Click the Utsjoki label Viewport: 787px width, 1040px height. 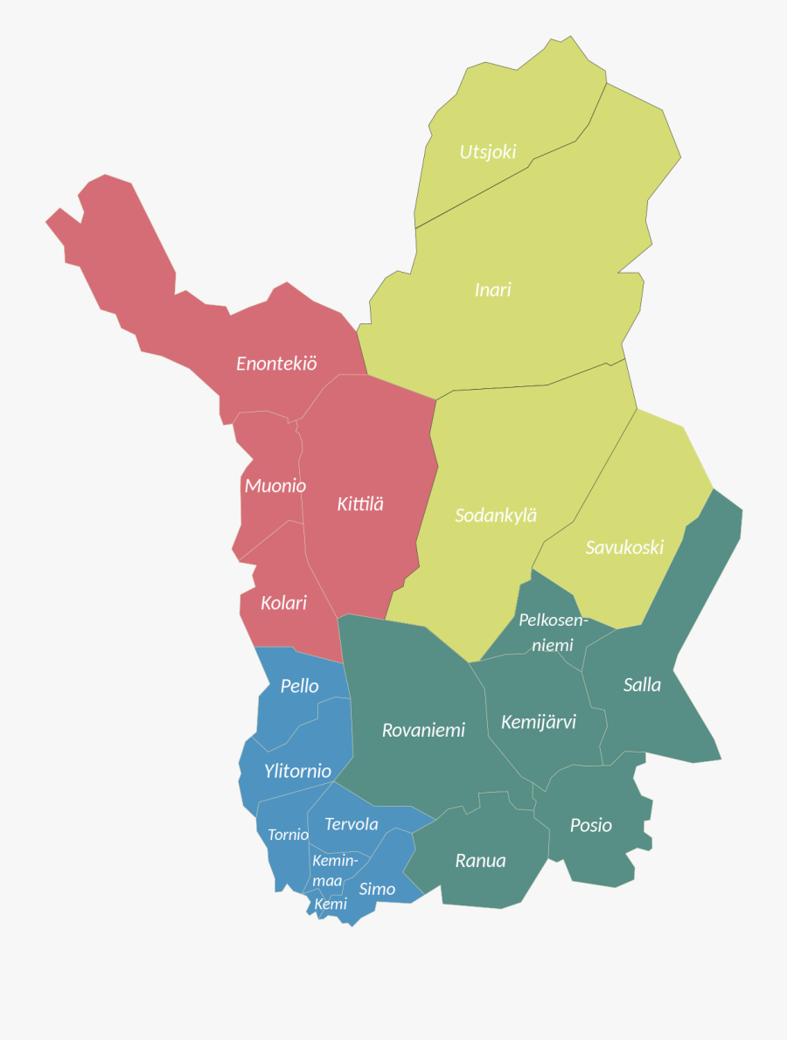click(488, 152)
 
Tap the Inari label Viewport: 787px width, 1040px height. click(492, 289)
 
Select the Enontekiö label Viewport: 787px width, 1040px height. click(276, 364)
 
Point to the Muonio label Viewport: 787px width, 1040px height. click(275, 486)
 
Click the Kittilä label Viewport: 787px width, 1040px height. click(360, 504)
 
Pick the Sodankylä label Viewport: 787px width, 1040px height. click(496, 516)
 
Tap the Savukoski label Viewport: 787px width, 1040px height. click(624, 548)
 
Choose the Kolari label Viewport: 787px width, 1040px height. click(283, 602)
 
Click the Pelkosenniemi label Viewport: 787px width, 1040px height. click(553, 633)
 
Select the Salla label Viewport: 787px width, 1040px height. click(642, 684)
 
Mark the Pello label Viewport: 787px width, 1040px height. click(299, 686)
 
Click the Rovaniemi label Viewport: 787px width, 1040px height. click(423, 730)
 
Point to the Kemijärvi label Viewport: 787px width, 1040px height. click(539, 723)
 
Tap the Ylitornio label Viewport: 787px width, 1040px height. click(297, 771)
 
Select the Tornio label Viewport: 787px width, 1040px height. click(288, 835)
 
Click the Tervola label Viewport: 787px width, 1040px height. click(352, 824)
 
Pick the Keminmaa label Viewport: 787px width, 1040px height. click(334, 870)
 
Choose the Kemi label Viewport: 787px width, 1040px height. click(331, 904)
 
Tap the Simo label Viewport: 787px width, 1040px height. click(377, 889)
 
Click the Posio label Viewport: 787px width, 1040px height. click(591, 825)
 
